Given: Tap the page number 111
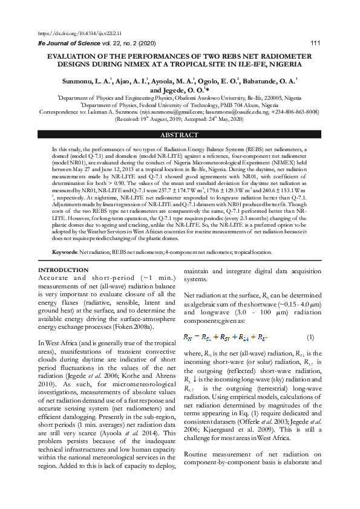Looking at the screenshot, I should (315, 43).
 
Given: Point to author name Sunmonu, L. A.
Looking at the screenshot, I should (86, 80).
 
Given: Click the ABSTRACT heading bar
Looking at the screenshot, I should (180, 135).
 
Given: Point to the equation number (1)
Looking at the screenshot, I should (310, 337).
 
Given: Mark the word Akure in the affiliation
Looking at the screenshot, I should (243, 104).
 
